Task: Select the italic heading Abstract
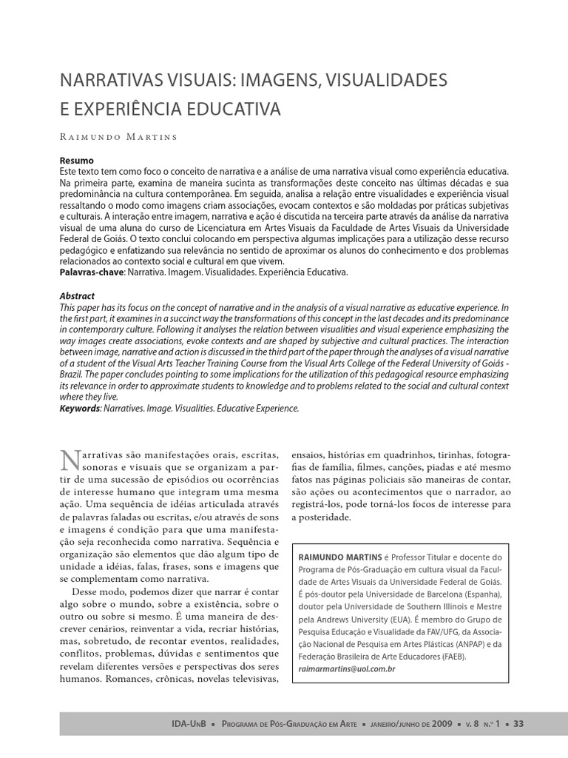(x=77, y=296)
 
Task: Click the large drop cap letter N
(x=69, y=460)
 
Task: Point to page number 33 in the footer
(x=518, y=723)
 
